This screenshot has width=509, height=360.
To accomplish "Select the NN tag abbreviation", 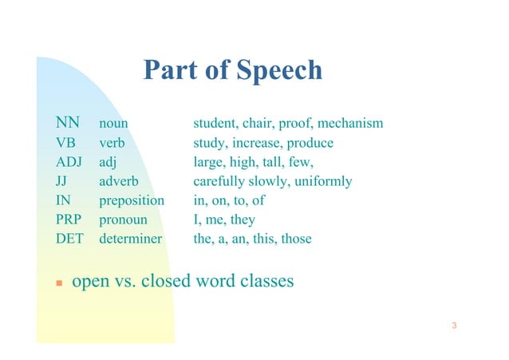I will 67,124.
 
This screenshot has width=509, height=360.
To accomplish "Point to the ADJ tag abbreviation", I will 69,162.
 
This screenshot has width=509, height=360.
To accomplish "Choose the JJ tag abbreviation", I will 61,181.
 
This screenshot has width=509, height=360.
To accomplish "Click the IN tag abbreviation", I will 61,200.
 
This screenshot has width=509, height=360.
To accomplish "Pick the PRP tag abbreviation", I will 69,220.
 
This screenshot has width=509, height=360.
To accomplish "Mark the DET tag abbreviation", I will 70,239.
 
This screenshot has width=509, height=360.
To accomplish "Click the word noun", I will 114,125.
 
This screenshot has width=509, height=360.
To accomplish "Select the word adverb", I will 119,181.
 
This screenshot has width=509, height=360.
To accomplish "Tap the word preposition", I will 132,201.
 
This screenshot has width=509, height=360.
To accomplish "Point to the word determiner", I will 130,239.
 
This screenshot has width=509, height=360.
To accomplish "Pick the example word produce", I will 309,144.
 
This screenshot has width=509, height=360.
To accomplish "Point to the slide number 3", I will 453,326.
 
